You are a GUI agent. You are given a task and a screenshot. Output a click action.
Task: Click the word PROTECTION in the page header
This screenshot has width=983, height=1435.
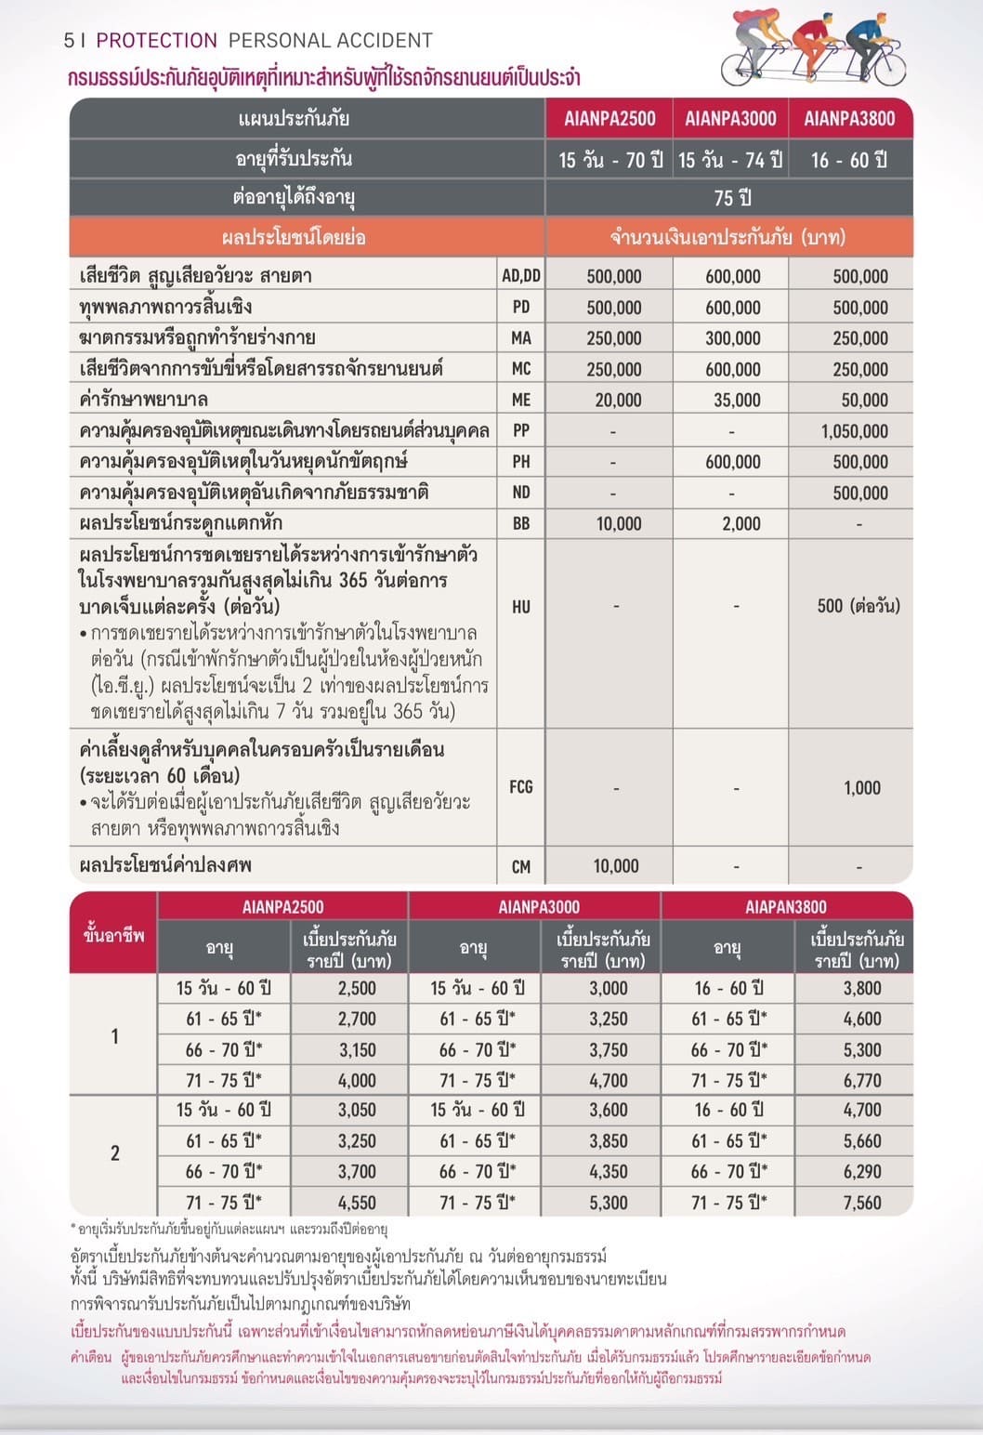(x=156, y=41)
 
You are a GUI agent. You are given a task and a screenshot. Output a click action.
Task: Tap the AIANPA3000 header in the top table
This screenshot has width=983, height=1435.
(x=730, y=119)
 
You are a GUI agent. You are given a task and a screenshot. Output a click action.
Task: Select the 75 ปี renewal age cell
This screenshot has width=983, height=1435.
(x=732, y=198)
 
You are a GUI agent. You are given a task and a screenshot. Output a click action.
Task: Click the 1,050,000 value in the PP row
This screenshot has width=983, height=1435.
(x=855, y=431)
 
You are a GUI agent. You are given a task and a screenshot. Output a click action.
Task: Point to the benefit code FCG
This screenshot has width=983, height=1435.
(x=521, y=787)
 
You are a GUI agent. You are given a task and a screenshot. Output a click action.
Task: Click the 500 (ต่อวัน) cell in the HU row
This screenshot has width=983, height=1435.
(x=858, y=606)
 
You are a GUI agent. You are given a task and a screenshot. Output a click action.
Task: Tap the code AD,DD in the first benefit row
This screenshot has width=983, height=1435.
(x=521, y=276)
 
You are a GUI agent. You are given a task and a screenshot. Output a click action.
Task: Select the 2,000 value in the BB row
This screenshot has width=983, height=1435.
(x=741, y=524)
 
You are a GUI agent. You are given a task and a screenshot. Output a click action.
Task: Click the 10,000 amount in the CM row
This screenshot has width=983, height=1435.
(x=616, y=866)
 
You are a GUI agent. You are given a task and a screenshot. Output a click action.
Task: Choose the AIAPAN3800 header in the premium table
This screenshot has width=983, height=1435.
(x=786, y=907)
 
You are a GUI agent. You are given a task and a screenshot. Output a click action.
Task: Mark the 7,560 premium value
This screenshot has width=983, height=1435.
(x=862, y=1203)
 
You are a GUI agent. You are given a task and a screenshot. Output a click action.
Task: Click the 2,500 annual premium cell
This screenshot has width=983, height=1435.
(x=357, y=989)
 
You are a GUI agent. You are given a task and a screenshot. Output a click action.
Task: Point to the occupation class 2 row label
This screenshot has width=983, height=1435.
(x=115, y=1153)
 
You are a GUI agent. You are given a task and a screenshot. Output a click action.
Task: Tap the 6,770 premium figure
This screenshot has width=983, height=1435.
(x=862, y=1081)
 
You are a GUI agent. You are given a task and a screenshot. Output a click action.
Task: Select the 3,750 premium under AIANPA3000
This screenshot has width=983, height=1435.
(x=609, y=1050)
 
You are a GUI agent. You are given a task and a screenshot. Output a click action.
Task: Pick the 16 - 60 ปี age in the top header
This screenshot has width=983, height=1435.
(x=849, y=160)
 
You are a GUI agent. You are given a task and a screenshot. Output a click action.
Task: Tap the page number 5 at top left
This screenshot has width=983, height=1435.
(x=69, y=41)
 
